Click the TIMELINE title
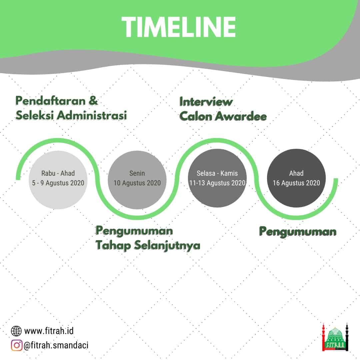(x=179, y=27)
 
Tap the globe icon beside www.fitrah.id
(x=16, y=331)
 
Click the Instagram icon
(x=17, y=345)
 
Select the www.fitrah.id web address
(x=49, y=331)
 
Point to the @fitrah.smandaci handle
(x=56, y=345)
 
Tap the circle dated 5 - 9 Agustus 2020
(x=58, y=180)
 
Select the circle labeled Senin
(x=137, y=180)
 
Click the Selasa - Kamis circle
(x=217, y=178)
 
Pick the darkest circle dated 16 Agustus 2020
(x=296, y=178)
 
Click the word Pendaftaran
(x=51, y=101)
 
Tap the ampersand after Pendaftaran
(x=93, y=101)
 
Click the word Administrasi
(x=92, y=115)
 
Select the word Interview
(x=206, y=102)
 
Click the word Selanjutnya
(x=167, y=246)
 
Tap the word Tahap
(x=113, y=246)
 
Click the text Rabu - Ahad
(x=58, y=173)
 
